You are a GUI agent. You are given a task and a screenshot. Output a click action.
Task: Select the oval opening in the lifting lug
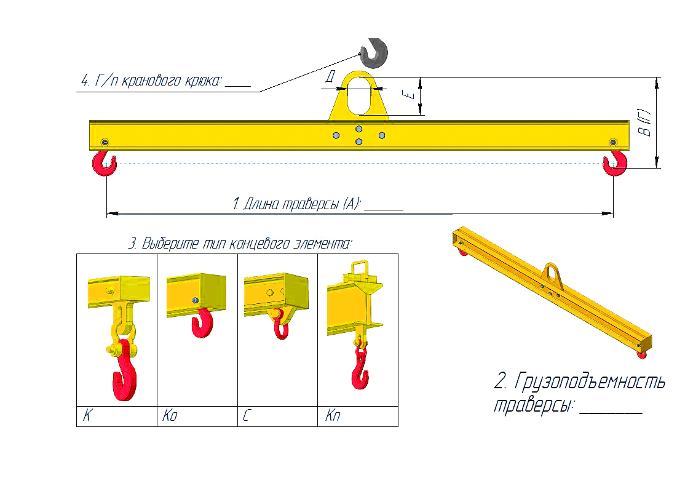click(358, 95)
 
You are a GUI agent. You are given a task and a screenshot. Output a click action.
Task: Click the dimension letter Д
click(330, 77)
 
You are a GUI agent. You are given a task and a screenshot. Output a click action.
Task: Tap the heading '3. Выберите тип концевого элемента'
click(240, 244)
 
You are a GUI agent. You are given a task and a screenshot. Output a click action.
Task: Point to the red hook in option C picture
click(280, 327)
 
